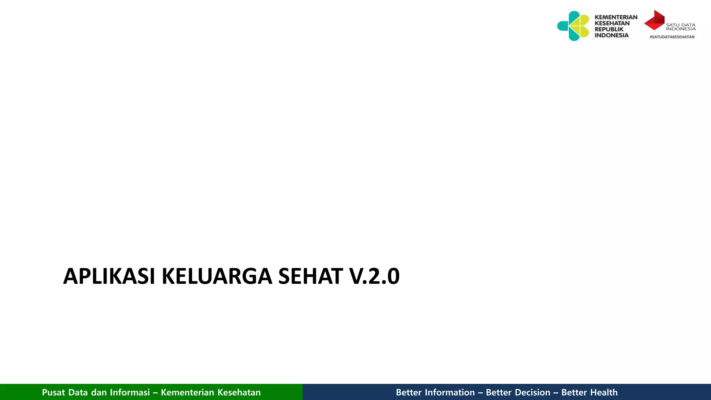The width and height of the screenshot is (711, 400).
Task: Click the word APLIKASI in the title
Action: click(109, 276)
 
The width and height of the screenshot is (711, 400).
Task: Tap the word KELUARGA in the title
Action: click(217, 276)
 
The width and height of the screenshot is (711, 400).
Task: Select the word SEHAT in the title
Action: click(310, 276)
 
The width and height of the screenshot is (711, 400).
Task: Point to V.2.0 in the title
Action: click(374, 276)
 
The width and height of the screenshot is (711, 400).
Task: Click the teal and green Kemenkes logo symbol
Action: click(574, 26)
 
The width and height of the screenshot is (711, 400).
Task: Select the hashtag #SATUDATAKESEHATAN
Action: click(672, 37)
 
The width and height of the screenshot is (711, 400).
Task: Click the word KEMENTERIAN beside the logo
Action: click(616, 17)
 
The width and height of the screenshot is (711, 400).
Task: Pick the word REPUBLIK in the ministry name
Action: click(609, 29)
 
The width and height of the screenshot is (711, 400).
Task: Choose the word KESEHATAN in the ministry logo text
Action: click(612, 23)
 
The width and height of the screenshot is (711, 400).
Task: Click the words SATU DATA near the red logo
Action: click(680, 25)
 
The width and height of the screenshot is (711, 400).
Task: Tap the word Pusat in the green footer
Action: click(53, 392)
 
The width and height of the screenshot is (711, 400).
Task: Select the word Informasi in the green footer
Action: click(130, 392)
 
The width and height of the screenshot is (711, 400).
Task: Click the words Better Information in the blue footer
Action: click(435, 392)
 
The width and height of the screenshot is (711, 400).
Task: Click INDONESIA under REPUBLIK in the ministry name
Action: click(611, 35)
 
